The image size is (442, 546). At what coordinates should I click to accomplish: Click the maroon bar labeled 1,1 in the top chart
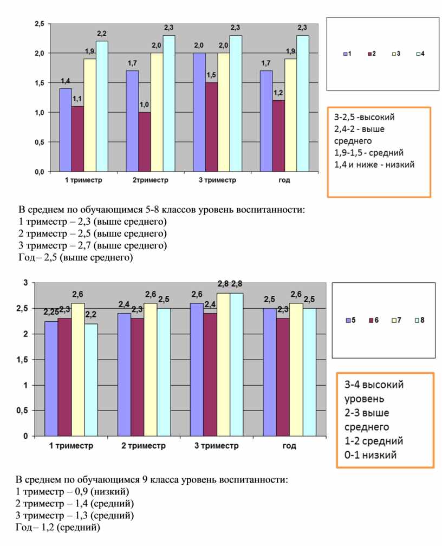77,139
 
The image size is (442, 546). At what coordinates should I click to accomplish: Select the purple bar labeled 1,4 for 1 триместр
66,130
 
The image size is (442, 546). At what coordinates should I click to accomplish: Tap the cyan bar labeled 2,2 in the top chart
102,106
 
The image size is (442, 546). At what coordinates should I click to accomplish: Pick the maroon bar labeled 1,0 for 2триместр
145,142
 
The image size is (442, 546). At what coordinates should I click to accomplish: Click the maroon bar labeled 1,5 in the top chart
211,127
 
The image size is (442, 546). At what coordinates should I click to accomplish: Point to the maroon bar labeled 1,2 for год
278,136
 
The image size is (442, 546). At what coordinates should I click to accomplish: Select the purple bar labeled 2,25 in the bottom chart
51,379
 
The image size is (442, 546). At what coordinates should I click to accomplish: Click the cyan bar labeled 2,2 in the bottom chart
91,380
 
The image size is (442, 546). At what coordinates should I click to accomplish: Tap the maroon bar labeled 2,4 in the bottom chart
210,374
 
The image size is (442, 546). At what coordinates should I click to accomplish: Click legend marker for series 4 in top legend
418,54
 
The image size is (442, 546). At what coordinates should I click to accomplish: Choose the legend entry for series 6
374,320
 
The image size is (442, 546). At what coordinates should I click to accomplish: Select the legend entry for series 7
396,320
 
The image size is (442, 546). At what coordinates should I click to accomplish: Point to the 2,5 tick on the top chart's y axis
40,24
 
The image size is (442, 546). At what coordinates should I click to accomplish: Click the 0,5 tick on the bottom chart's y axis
22,411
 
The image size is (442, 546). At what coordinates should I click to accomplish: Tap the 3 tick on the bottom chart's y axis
25,283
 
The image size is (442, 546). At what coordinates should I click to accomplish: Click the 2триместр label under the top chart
150,180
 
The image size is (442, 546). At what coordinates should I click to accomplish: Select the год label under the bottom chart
289,446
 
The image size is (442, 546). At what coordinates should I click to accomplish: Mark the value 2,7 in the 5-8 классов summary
84,245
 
